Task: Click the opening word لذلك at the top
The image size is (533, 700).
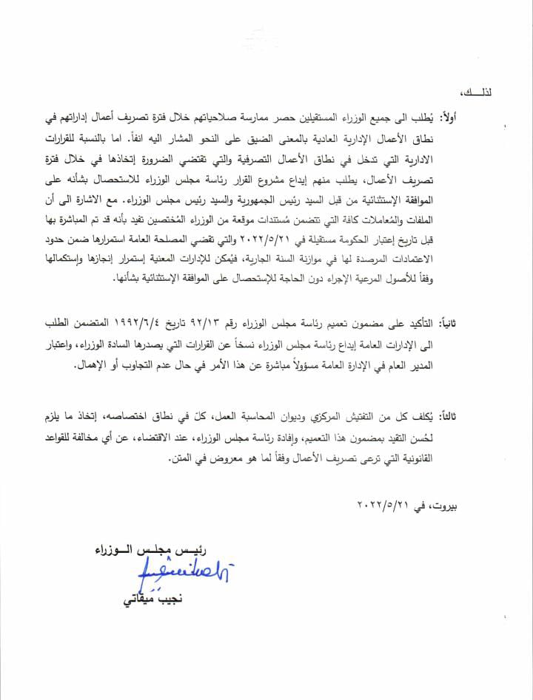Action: [x=490, y=93]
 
